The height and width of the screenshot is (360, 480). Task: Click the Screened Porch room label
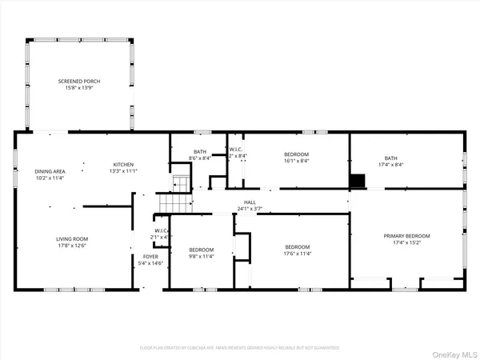coord(78,81)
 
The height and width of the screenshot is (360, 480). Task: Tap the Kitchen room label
coord(123,164)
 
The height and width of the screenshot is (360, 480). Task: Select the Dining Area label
coord(49,172)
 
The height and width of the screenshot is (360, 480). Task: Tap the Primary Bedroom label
coord(406,235)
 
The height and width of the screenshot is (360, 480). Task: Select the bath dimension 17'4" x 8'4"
coord(406,165)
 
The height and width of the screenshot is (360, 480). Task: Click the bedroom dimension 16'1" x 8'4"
coord(296,160)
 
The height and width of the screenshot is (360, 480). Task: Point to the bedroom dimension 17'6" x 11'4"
coord(297,254)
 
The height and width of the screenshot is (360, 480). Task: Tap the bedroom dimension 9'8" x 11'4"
coord(202,256)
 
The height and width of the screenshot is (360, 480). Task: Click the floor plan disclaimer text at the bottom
coord(240,348)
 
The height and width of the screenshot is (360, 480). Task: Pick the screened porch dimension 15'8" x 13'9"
coord(78,87)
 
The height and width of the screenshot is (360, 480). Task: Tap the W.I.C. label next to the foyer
coord(160,231)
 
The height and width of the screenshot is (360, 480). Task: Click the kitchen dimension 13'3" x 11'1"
coord(123,170)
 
